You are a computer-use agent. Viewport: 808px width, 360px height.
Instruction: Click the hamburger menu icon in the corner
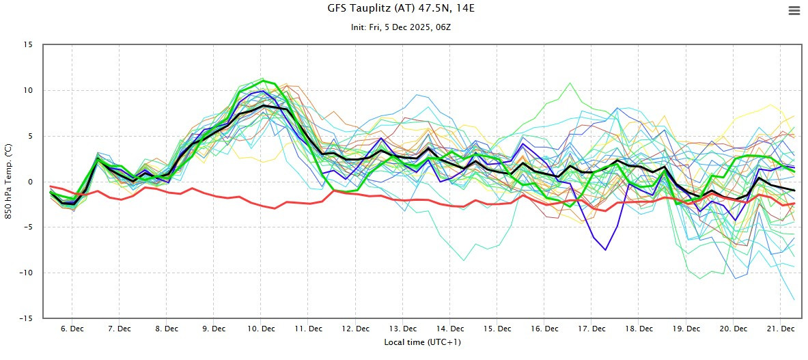[793, 10]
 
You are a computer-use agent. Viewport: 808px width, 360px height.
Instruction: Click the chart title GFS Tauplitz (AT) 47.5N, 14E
[403, 10]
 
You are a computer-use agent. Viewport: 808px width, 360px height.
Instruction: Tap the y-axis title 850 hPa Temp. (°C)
[9, 182]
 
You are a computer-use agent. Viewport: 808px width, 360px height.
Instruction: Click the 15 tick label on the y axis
[28, 45]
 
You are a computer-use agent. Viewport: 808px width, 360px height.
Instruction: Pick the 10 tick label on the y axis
[28, 90]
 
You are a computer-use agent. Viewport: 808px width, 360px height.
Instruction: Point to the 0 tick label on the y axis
[30, 182]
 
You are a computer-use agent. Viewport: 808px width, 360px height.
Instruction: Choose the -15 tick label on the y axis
[26, 318]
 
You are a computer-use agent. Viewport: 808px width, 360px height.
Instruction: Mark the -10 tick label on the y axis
[26, 273]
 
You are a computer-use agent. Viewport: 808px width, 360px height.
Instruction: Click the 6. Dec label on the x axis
[72, 329]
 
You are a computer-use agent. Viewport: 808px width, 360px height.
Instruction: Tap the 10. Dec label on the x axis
[261, 329]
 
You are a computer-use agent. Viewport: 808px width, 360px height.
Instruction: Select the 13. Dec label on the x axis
[403, 329]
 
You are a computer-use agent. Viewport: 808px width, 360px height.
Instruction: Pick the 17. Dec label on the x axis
[591, 329]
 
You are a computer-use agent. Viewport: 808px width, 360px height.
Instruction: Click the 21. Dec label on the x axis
[781, 329]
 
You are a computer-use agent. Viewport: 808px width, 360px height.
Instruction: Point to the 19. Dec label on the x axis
[686, 329]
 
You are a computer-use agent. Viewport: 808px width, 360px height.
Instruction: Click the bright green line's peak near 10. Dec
[264, 81]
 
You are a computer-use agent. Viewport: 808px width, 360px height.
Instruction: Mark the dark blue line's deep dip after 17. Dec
[605, 250]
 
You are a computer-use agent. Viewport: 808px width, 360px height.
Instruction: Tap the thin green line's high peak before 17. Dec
[570, 83]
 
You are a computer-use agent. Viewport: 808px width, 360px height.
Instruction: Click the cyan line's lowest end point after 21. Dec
[794, 300]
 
